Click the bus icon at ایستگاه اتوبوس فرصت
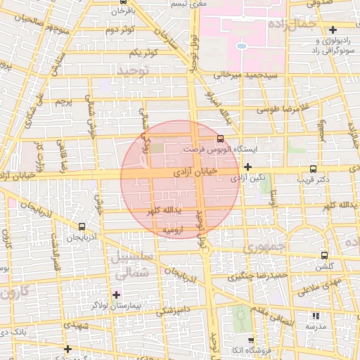tap(221, 139)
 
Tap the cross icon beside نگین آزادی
tap(247, 167)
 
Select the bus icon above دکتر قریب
tap(313, 169)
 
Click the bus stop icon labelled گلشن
tap(323, 255)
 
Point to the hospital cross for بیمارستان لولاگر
tap(116, 295)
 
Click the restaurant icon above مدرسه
tap(314, 316)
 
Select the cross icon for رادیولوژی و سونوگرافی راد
tap(333, 30)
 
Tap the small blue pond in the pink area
tap(241, 45)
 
